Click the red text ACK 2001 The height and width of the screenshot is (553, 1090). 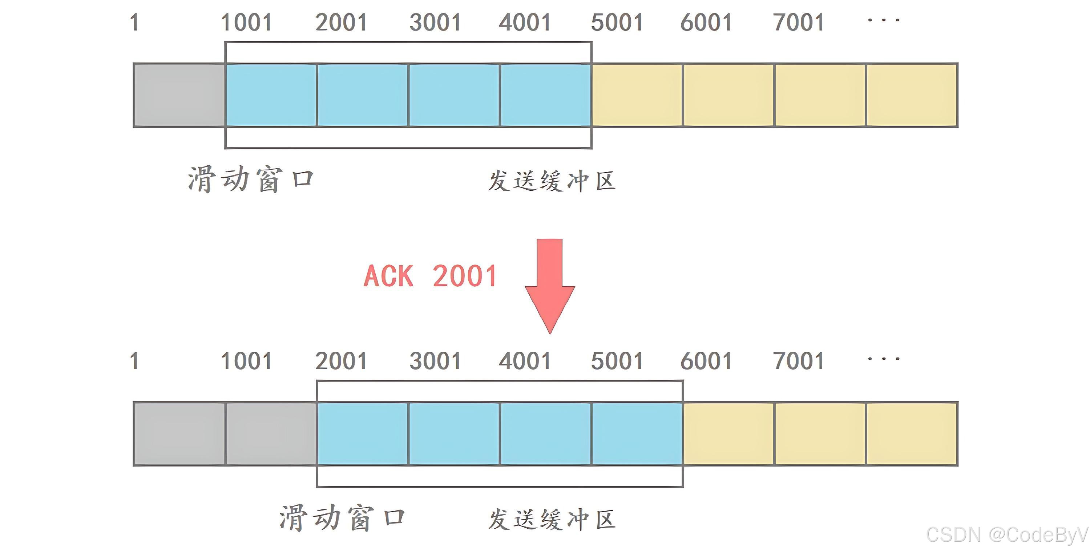click(x=430, y=276)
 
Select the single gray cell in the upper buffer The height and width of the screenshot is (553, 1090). click(x=179, y=95)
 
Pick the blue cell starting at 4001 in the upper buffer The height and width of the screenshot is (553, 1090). click(x=545, y=95)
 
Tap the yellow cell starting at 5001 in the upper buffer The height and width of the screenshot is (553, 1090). click(x=637, y=95)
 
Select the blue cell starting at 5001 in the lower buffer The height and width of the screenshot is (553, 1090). click(x=637, y=434)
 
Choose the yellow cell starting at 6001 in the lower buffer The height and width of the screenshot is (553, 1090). click(x=728, y=434)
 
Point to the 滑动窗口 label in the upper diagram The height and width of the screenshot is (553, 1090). click(x=250, y=180)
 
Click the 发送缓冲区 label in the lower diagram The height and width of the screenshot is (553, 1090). click(x=551, y=519)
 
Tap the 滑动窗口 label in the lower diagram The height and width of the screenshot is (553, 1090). click(x=342, y=518)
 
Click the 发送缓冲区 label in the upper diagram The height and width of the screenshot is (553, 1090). click(x=551, y=181)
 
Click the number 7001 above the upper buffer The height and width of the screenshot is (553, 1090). click(x=799, y=23)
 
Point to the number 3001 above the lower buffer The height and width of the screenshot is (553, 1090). click(x=435, y=361)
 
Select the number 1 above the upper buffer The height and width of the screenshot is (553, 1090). click(x=134, y=23)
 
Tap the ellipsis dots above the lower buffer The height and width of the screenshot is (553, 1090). click(x=884, y=359)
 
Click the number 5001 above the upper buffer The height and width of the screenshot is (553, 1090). click(x=617, y=23)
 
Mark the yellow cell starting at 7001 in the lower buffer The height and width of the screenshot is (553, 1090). click(x=820, y=434)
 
